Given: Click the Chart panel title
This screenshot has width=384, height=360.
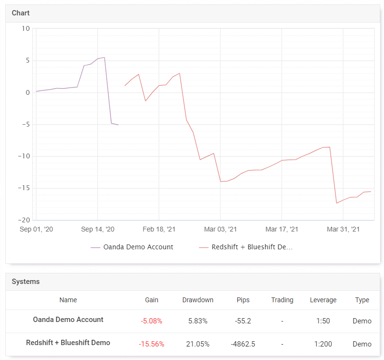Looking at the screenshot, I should [x=21, y=13].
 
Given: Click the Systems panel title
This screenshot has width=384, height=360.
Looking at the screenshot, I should [x=26, y=282].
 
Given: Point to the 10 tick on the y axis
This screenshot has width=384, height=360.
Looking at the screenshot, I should [x=26, y=29].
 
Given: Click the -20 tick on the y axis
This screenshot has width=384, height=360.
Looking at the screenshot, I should [x=23, y=220].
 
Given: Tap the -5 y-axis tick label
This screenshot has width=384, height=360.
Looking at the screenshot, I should [x=25, y=125].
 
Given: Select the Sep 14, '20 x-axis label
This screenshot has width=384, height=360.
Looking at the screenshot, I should [x=98, y=230].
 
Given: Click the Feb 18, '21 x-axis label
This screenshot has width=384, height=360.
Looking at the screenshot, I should [x=159, y=230].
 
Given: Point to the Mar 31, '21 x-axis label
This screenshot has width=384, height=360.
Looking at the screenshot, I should [x=343, y=230].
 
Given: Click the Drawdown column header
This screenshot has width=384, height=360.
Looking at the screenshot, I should [x=198, y=300].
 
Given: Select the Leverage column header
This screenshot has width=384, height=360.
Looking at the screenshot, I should [x=323, y=300].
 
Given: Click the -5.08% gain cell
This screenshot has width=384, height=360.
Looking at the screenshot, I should [x=152, y=321].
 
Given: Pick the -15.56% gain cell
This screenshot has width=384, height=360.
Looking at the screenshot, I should [x=152, y=344].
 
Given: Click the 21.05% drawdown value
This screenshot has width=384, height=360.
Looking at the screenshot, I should [x=198, y=344].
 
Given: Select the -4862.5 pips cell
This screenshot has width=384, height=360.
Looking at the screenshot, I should [x=243, y=344].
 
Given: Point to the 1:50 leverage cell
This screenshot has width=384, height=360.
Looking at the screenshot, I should [x=323, y=321].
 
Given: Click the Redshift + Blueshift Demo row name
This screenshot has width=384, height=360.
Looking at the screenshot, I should [x=68, y=343].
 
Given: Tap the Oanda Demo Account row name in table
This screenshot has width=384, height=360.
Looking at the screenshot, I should [x=68, y=320].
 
